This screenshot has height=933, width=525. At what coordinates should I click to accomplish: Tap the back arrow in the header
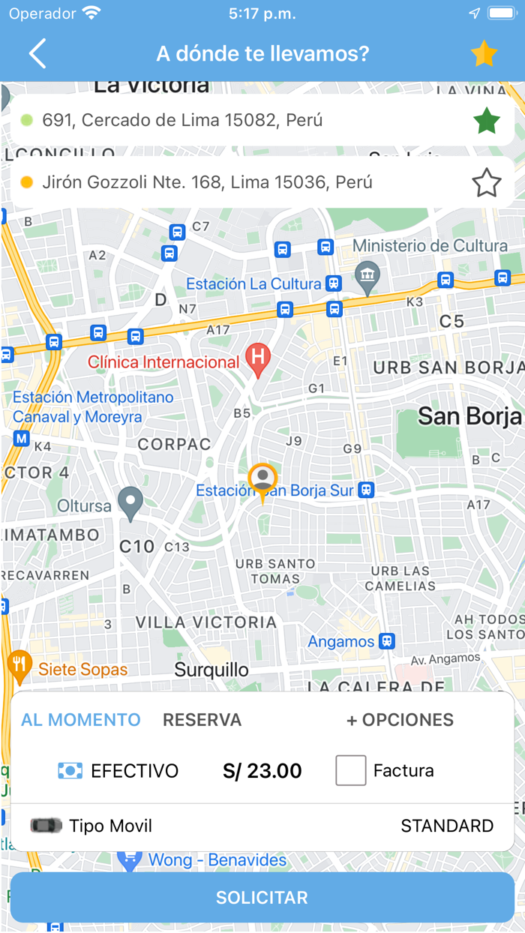37,54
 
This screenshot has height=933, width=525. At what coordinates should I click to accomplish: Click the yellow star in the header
484,54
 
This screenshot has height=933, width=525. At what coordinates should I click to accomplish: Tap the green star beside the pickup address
487,121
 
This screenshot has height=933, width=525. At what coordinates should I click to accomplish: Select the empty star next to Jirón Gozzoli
487,183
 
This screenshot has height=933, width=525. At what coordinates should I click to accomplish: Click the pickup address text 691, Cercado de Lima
182,120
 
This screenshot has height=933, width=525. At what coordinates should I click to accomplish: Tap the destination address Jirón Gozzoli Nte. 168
207,182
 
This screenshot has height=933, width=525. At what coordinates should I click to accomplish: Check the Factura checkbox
351,770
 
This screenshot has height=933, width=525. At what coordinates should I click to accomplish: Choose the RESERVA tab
202,720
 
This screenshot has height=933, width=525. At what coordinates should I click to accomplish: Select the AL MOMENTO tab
81,720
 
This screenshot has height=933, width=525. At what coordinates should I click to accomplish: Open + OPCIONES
400,720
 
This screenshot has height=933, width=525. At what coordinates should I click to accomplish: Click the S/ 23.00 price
262,770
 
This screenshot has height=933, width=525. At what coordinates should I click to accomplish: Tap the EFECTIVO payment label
134,770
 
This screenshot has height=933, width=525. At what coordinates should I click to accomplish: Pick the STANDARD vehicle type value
447,826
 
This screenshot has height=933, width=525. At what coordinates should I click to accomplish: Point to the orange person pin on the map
262,480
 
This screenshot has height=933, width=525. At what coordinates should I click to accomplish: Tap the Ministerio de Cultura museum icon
367,276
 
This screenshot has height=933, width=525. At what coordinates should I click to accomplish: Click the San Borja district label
469,416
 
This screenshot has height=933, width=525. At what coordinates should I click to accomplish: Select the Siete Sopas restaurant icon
19,664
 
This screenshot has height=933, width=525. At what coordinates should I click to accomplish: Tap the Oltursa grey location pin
131,502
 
